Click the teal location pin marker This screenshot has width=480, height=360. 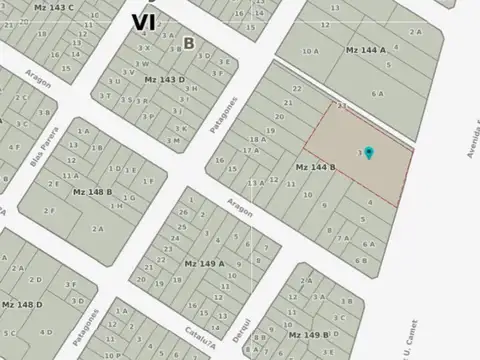pyautogui.click(x=369, y=153)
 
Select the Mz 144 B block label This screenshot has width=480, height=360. pyautogui.click(x=314, y=167)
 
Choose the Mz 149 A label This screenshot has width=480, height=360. pyautogui.click(x=204, y=263)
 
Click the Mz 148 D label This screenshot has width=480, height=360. pyautogui.click(x=21, y=303)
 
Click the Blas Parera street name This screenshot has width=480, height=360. pyautogui.click(x=45, y=173)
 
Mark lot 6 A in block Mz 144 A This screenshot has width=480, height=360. pyautogui.click(x=377, y=93)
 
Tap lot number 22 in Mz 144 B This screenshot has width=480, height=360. pyautogui.click(x=297, y=90)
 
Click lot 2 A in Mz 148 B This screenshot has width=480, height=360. pyautogui.click(x=99, y=228)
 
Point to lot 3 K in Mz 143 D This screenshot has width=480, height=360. pyautogui.click(x=181, y=128)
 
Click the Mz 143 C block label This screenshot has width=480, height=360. pyautogui.click(x=54, y=6)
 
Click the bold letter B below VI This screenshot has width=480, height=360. pyautogui.click(x=188, y=43)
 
